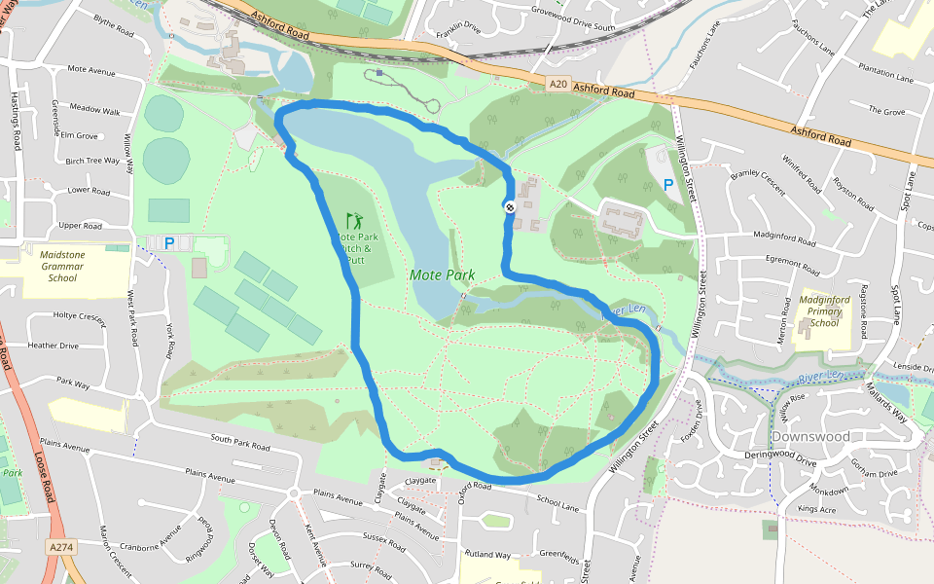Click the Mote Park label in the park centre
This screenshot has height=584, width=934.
[442, 275]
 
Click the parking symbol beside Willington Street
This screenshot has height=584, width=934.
[668, 184]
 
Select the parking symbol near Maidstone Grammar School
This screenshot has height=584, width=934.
[169, 243]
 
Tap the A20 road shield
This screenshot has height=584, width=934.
[557, 85]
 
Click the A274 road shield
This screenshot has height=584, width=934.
[61, 548]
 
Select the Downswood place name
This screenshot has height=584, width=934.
[809, 437]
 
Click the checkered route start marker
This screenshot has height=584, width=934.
[509, 206]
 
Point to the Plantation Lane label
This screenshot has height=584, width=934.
[885, 75]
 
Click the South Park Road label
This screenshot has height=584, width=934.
[239, 445]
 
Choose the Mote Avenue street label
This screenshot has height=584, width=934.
[91, 70]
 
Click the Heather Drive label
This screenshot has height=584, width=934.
[54, 346]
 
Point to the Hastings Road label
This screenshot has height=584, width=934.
[16, 122]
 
